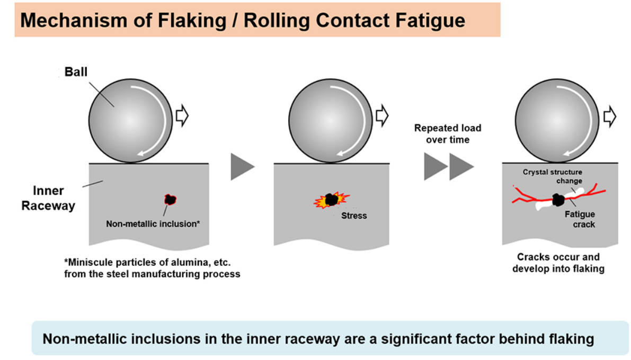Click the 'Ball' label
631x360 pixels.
[x=76, y=72]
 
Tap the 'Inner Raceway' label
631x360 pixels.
[x=48, y=198]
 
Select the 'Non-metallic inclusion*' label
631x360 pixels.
[x=153, y=223]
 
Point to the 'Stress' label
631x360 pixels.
[x=354, y=215]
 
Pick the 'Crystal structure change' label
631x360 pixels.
[x=552, y=176]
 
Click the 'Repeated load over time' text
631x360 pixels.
[x=448, y=133]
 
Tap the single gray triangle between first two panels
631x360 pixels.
[x=242, y=167]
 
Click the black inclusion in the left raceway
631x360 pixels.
[x=170, y=200]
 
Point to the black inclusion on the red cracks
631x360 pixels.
[x=558, y=200]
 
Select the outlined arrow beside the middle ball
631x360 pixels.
[x=382, y=115]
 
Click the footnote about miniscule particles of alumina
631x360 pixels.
[x=152, y=268]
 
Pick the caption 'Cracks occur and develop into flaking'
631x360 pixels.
[x=558, y=263]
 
